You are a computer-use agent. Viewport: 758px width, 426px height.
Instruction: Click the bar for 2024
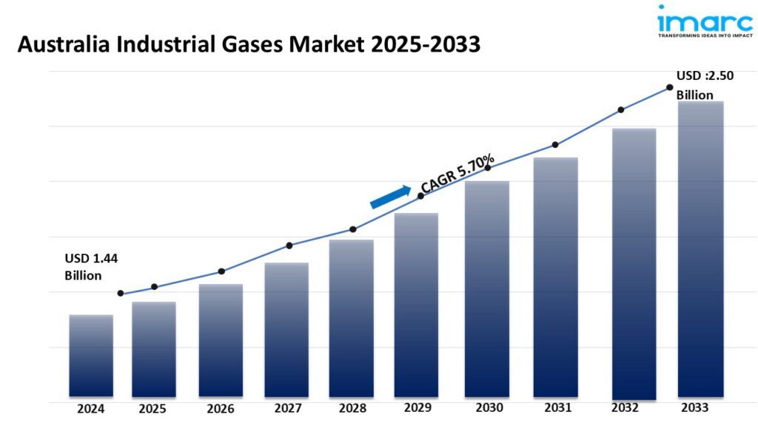click(91, 356)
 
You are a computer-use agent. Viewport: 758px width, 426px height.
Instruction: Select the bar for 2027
click(286, 330)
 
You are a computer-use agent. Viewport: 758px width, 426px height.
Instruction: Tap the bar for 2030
click(487, 288)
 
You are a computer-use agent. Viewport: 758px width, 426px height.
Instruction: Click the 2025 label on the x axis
click(153, 409)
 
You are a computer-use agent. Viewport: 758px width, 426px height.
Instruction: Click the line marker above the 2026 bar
click(221, 271)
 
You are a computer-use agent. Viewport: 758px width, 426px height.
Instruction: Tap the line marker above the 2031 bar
click(555, 145)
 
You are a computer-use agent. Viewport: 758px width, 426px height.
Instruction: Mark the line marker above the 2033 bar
click(669, 87)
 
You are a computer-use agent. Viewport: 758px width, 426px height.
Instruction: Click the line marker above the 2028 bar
click(353, 229)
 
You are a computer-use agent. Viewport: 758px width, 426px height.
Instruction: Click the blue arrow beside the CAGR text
click(390, 196)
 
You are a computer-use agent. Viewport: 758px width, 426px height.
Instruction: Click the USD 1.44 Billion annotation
click(91, 267)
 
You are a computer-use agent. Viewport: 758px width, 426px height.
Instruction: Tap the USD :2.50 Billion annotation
click(705, 85)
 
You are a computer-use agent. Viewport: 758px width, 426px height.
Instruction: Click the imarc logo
click(704, 21)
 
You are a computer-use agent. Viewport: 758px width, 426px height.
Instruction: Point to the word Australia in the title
click(66, 45)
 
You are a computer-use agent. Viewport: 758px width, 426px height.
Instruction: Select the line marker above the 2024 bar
click(121, 294)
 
